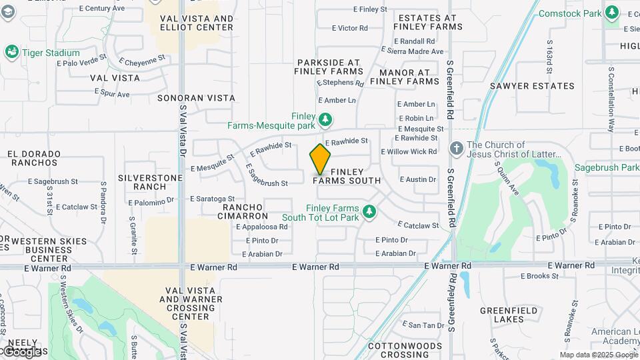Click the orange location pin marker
(x=320, y=159)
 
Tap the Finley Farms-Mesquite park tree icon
(x=325, y=120)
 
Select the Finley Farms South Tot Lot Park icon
(x=369, y=212)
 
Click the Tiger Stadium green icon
(x=11, y=52)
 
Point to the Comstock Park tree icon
(x=612, y=13)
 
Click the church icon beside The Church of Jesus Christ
(x=457, y=147)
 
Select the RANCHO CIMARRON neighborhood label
(x=245, y=211)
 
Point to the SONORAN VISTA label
(x=196, y=98)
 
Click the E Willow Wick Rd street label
(x=409, y=152)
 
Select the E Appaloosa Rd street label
(x=261, y=227)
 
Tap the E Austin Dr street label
(x=417, y=179)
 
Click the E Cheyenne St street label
(x=142, y=60)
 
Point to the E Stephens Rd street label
(x=340, y=83)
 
